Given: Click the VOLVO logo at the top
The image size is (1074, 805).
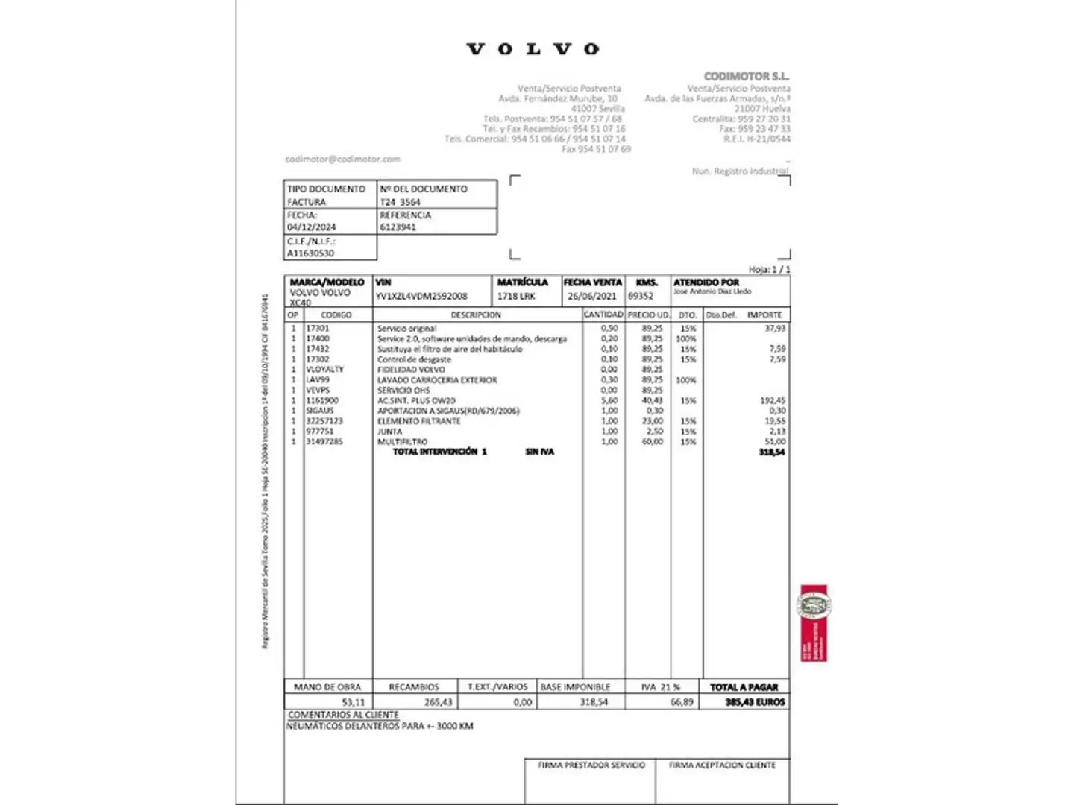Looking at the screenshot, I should coord(533,49).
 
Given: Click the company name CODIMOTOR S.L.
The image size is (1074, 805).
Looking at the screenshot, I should coord(746,76).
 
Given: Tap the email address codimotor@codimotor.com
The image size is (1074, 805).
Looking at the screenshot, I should coord(342,159).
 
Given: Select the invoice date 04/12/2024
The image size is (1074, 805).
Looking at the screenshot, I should coord(311,227).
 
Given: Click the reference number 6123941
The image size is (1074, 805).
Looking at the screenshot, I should coord(398,227).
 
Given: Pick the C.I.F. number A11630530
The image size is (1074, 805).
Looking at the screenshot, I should coord(310,253).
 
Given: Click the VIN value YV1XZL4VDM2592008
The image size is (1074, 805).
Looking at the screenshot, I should coord(421,296).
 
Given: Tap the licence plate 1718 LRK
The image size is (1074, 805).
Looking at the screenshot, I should coord(516,296).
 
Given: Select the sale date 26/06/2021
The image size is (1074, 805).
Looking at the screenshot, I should coord(592,296).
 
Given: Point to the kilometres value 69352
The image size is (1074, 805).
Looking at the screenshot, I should coord(641,296).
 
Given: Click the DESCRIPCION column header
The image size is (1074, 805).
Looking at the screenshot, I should coord(476,315).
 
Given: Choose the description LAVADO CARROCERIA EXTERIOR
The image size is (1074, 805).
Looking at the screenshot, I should coord(437,379).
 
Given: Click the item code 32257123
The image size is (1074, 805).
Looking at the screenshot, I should coord(324,421).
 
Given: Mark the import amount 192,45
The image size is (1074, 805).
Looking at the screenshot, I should coord(773,400).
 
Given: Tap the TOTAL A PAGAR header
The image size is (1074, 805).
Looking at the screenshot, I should coord(744,686).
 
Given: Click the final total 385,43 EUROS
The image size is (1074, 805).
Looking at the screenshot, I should coord(755,701).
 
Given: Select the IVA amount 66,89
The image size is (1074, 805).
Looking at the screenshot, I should coord(682,701).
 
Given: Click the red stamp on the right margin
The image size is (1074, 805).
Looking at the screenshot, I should coord(814,622).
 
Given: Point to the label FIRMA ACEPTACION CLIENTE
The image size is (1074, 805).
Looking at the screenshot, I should coord(722,765).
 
